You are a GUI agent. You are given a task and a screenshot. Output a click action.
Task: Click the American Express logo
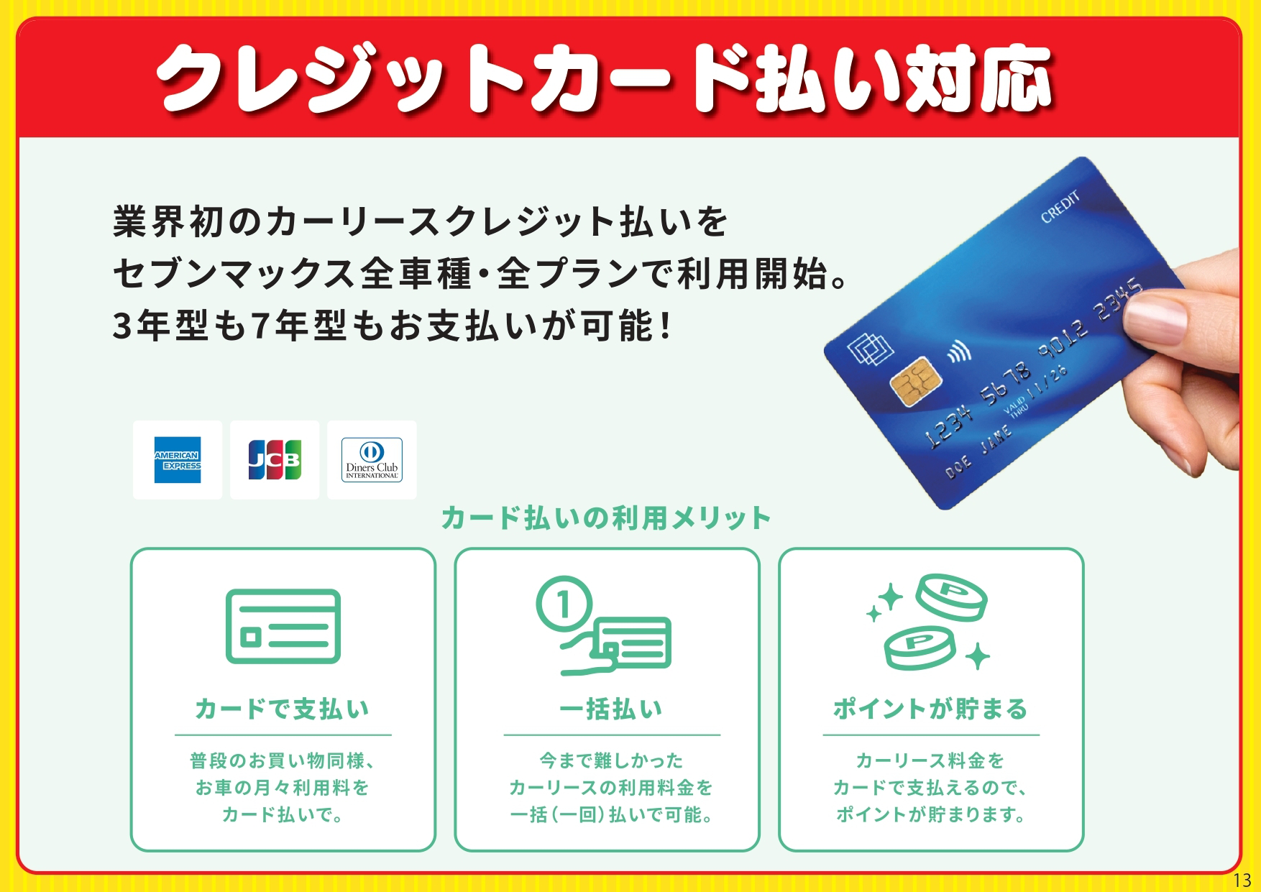(x=178, y=460)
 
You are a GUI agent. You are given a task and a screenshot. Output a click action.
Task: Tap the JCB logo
(x=275, y=460)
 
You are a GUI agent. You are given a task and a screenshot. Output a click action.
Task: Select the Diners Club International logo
(x=372, y=460)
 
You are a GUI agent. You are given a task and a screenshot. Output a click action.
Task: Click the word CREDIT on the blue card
(x=1060, y=206)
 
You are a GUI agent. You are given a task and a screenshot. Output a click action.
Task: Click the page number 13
(x=1242, y=880)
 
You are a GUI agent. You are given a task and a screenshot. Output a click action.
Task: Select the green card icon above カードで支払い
(x=283, y=627)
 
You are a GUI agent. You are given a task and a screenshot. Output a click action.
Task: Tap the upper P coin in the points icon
(x=951, y=597)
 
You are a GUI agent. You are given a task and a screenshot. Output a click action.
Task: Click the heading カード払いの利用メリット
(x=606, y=518)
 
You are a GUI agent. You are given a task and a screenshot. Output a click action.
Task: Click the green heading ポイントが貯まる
(x=930, y=709)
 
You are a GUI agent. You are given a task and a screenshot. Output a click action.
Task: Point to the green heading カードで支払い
(x=283, y=709)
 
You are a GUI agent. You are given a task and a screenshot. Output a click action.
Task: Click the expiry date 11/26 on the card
(x=1047, y=384)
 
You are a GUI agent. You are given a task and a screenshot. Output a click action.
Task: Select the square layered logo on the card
(x=870, y=350)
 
